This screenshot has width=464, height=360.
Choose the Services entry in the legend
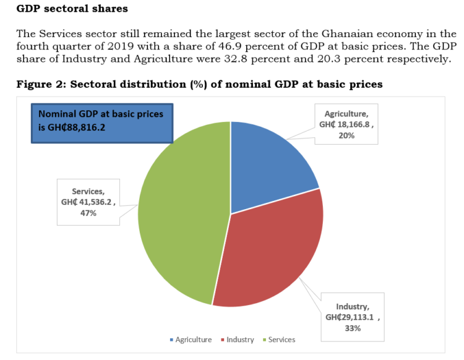[x=280, y=340]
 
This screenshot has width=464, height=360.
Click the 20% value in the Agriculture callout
[x=346, y=135]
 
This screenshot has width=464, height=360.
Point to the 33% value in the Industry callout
[x=353, y=328]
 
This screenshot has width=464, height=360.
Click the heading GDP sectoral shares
[x=72, y=9]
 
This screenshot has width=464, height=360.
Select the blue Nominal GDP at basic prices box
[x=102, y=123]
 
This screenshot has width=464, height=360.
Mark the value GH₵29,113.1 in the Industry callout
[x=351, y=317]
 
